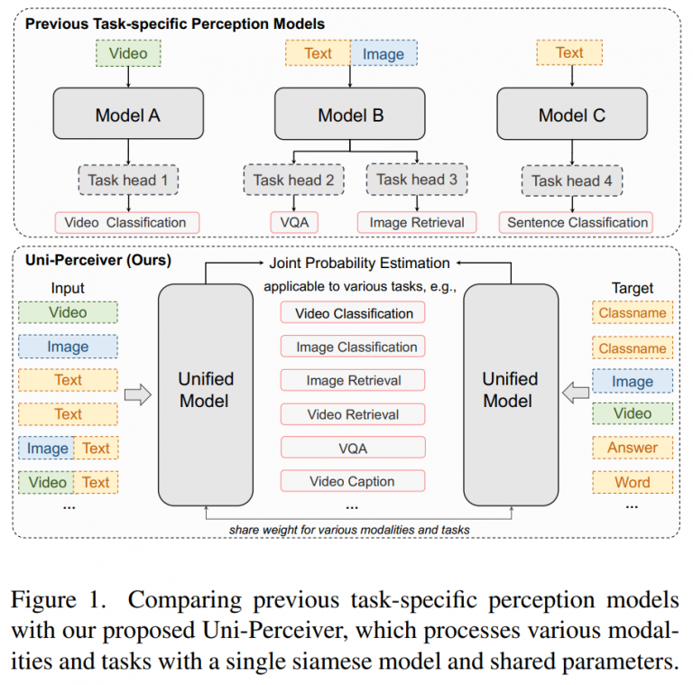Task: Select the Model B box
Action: [350, 115]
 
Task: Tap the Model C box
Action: [571, 115]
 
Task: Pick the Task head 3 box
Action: [416, 180]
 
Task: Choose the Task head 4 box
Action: [572, 180]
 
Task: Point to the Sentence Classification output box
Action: [577, 222]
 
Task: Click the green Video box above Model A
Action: [127, 53]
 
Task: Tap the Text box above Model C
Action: [569, 53]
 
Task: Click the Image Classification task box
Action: [352, 347]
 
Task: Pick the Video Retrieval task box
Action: [352, 414]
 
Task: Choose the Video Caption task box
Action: [352, 481]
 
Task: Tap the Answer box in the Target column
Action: [632, 448]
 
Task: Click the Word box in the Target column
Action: [632, 482]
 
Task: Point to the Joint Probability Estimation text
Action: [359, 264]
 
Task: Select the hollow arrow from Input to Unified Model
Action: [138, 393]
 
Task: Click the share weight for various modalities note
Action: [348, 529]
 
